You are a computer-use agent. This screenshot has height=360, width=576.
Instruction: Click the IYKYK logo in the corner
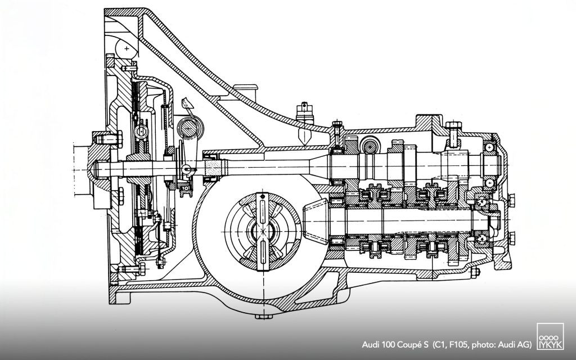pyautogui.click(x=548, y=339)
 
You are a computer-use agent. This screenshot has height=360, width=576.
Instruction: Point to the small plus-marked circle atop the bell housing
pyautogui.click(x=128, y=49)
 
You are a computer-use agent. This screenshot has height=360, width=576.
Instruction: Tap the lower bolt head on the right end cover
pyautogui.click(x=513, y=236)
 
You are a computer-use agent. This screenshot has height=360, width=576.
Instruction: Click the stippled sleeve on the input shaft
pyautogui.click(x=213, y=167)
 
